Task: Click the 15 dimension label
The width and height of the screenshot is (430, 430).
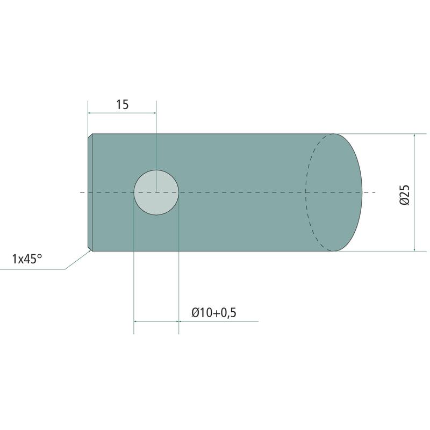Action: click(123, 104)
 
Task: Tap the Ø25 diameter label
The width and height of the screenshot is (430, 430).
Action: click(405, 195)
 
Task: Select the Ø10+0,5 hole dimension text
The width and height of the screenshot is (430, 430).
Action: click(214, 313)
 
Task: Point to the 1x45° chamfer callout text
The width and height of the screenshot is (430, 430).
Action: click(27, 259)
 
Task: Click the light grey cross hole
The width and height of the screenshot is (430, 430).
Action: click(156, 192)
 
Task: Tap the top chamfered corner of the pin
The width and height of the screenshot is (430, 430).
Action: click(90, 136)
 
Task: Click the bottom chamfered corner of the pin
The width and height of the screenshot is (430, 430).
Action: click(90, 248)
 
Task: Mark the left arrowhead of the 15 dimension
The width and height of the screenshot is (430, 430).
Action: click(90, 113)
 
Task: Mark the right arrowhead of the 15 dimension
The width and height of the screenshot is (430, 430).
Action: click(154, 113)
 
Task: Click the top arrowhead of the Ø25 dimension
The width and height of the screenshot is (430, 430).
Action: click(414, 136)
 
